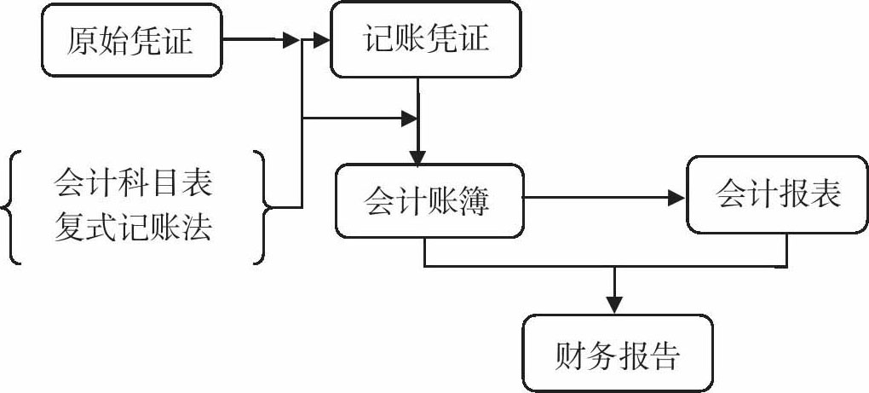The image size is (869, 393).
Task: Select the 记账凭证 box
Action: tap(426, 39)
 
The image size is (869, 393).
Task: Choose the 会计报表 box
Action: tap(778, 194)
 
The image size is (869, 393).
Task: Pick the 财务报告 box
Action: tap(617, 354)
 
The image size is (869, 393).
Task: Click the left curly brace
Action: tap(10, 206)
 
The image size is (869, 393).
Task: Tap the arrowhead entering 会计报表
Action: tap(678, 198)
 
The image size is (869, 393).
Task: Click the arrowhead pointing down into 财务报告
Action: tap(614, 305)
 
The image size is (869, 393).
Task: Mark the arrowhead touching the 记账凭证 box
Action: tap(320, 40)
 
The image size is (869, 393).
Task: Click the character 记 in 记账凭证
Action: tap(379, 39)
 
